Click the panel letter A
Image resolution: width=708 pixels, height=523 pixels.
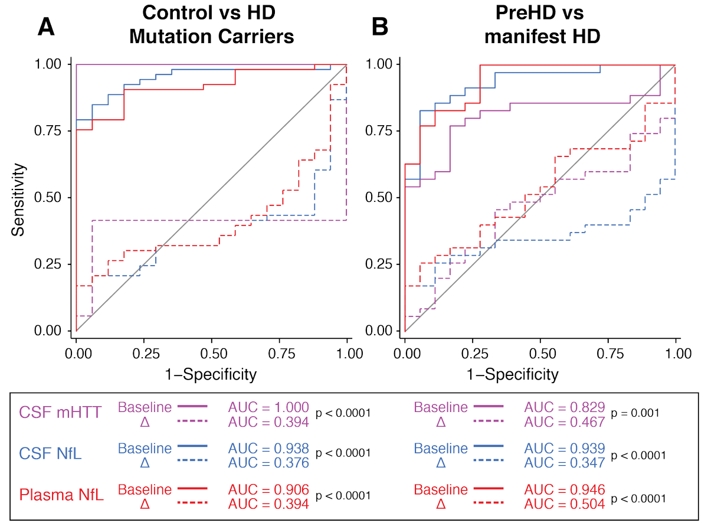click(47, 28)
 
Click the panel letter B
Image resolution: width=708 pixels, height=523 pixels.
click(378, 28)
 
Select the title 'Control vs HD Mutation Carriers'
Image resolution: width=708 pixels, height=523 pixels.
click(211, 25)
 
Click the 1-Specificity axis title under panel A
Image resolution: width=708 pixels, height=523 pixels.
click(212, 373)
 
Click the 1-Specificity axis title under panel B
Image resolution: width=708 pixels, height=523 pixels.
click(540, 373)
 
